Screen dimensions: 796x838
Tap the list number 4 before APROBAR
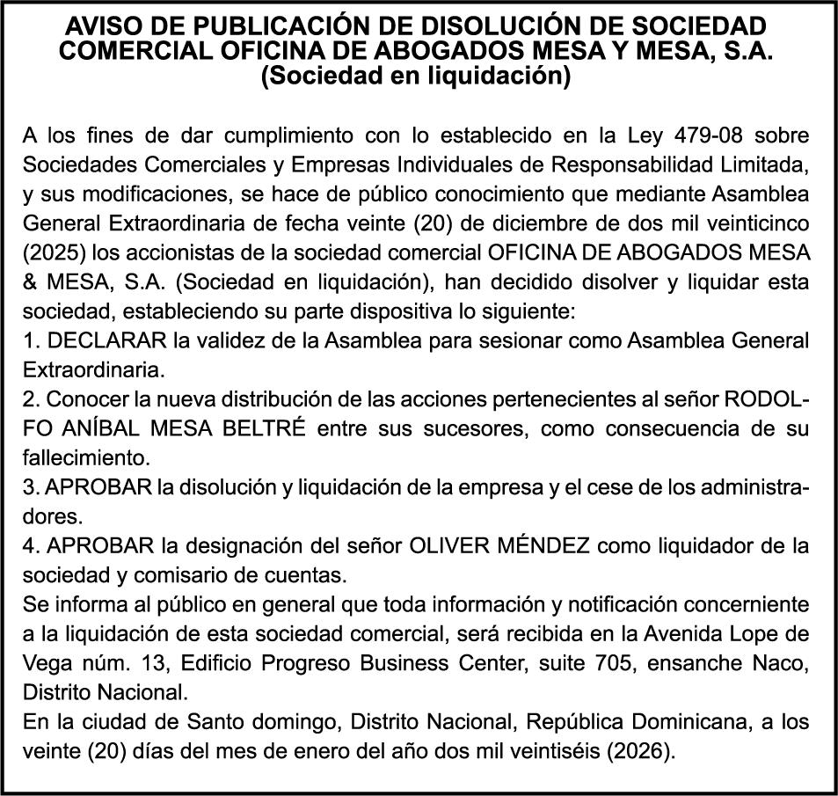(29, 545)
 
